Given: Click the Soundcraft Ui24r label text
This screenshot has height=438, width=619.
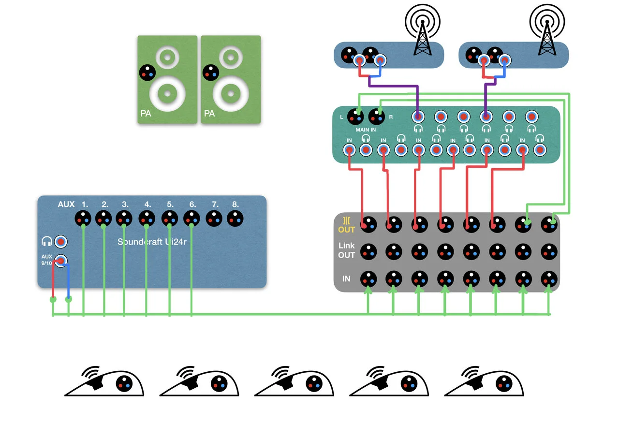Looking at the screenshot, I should pyautogui.click(x=152, y=241).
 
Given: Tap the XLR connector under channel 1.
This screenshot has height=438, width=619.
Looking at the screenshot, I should pyautogui.click(x=83, y=219).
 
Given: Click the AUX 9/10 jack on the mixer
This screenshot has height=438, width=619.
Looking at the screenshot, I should pyautogui.click(x=60, y=260).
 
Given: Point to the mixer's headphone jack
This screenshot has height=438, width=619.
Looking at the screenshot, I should pyautogui.click(x=61, y=241).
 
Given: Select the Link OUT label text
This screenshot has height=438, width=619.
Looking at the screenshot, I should pyautogui.click(x=346, y=250).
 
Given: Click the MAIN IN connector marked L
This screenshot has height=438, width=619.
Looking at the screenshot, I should pyautogui.click(x=356, y=117).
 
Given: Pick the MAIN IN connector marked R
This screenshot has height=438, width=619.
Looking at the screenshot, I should pyautogui.click(x=376, y=117).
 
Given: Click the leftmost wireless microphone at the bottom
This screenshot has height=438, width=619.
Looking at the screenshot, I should pyautogui.click(x=104, y=383).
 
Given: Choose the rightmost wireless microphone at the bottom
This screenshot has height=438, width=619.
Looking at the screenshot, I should pyautogui.click(x=484, y=383).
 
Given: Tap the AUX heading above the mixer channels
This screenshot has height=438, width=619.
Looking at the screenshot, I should pyautogui.click(x=66, y=204).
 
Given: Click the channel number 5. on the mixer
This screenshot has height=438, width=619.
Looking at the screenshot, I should pyautogui.click(x=170, y=204).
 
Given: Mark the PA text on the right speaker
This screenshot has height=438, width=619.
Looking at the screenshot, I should pyautogui.click(x=209, y=114).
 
